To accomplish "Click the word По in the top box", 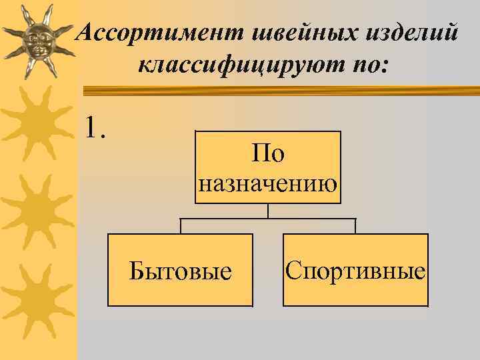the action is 268,154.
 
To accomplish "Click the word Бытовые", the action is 181,271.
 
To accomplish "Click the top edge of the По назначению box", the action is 268,131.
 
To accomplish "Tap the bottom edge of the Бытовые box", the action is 180,305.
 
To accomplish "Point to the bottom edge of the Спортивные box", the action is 355,305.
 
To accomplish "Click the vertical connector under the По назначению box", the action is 268,211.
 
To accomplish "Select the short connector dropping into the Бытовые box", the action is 181,226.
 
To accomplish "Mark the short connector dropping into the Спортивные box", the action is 355,226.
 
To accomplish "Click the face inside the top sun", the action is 37,41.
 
